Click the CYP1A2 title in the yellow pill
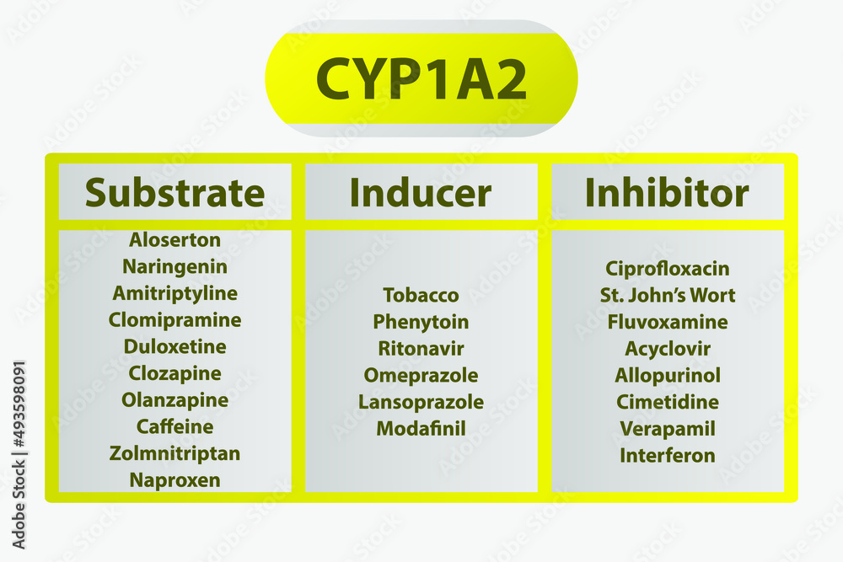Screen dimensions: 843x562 pyautogui.click(x=421, y=79)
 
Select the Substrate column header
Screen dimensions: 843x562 pyautogui.click(x=175, y=192)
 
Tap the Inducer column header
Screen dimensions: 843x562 pyautogui.click(x=421, y=192)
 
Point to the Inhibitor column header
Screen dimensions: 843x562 pyautogui.click(x=667, y=192)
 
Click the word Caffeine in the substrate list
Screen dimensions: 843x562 pyautogui.click(x=175, y=426)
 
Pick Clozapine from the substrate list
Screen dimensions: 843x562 pyautogui.click(x=175, y=373)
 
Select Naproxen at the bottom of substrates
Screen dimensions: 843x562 pyautogui.click(x=175, y=479)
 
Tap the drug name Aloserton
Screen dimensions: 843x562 pyautogui.click(x=175, y=239)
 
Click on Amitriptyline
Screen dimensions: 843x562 pyautogui.click(x=175, y=293)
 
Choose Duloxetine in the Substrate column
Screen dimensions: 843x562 pyautogui.click(x=175, y=346)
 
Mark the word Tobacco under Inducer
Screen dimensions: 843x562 pyautogui.click(x=421, y=295)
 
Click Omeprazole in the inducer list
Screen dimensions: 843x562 pyautogui.click(x=421, y=376)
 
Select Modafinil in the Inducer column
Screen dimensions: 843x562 pyautogui.click(x=421, y=429)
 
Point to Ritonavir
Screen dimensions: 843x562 pyautogui.click(x=421, y=349)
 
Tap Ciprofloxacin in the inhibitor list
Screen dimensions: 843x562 pyautogui.click(x=668, y=269)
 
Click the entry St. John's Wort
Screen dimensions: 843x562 pyautogui.click(x=668, y=295)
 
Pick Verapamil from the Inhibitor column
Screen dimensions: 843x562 pyautogui.click(x=668, y=429)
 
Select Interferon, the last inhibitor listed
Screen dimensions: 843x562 pyautogui.click(x=668, y=456)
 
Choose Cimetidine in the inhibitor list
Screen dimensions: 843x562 pyautogui.click(x=668, y=402)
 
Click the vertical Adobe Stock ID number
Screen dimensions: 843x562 pyautogui.click(x=19, y=404)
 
